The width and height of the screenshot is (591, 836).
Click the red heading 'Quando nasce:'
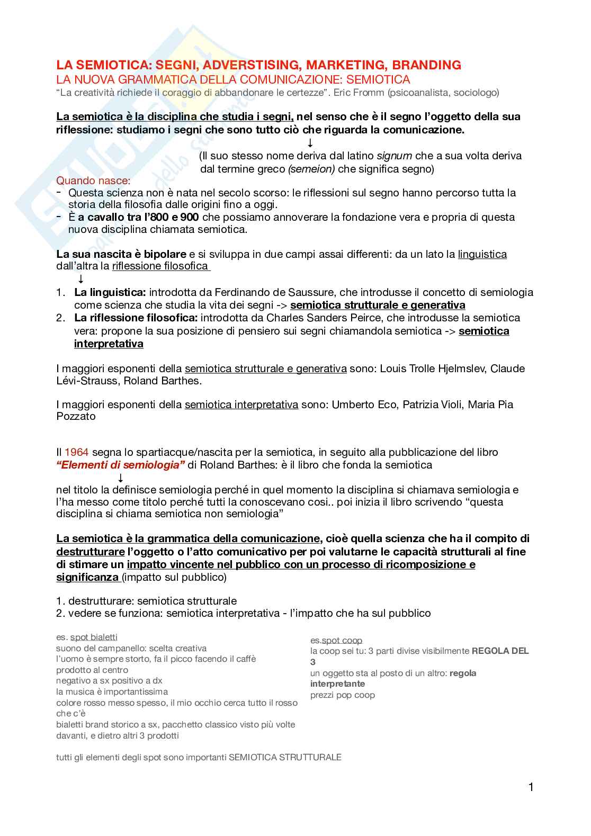coord(93,181)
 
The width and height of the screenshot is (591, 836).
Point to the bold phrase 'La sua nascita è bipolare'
coord(121,254)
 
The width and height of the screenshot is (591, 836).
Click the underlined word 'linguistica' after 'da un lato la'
coord(482,254)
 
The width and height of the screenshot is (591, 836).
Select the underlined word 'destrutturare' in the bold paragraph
coord(90,552)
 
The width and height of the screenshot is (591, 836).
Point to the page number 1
coord(531,787)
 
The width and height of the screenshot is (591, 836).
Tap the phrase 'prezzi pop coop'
coord(343,695)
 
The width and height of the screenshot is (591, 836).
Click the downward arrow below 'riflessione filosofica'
coord(81,279)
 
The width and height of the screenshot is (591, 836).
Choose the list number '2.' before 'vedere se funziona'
coord(60,614)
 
